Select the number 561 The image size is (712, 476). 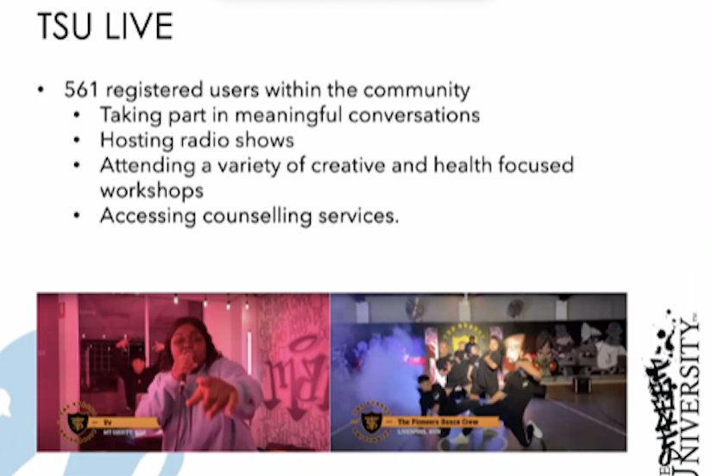click(x=81, y=90)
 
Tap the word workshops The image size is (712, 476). click(x=151, y=190)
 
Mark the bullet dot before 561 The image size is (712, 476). click(x=41, y=91)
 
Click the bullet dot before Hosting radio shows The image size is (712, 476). click(x=78, y=141)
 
